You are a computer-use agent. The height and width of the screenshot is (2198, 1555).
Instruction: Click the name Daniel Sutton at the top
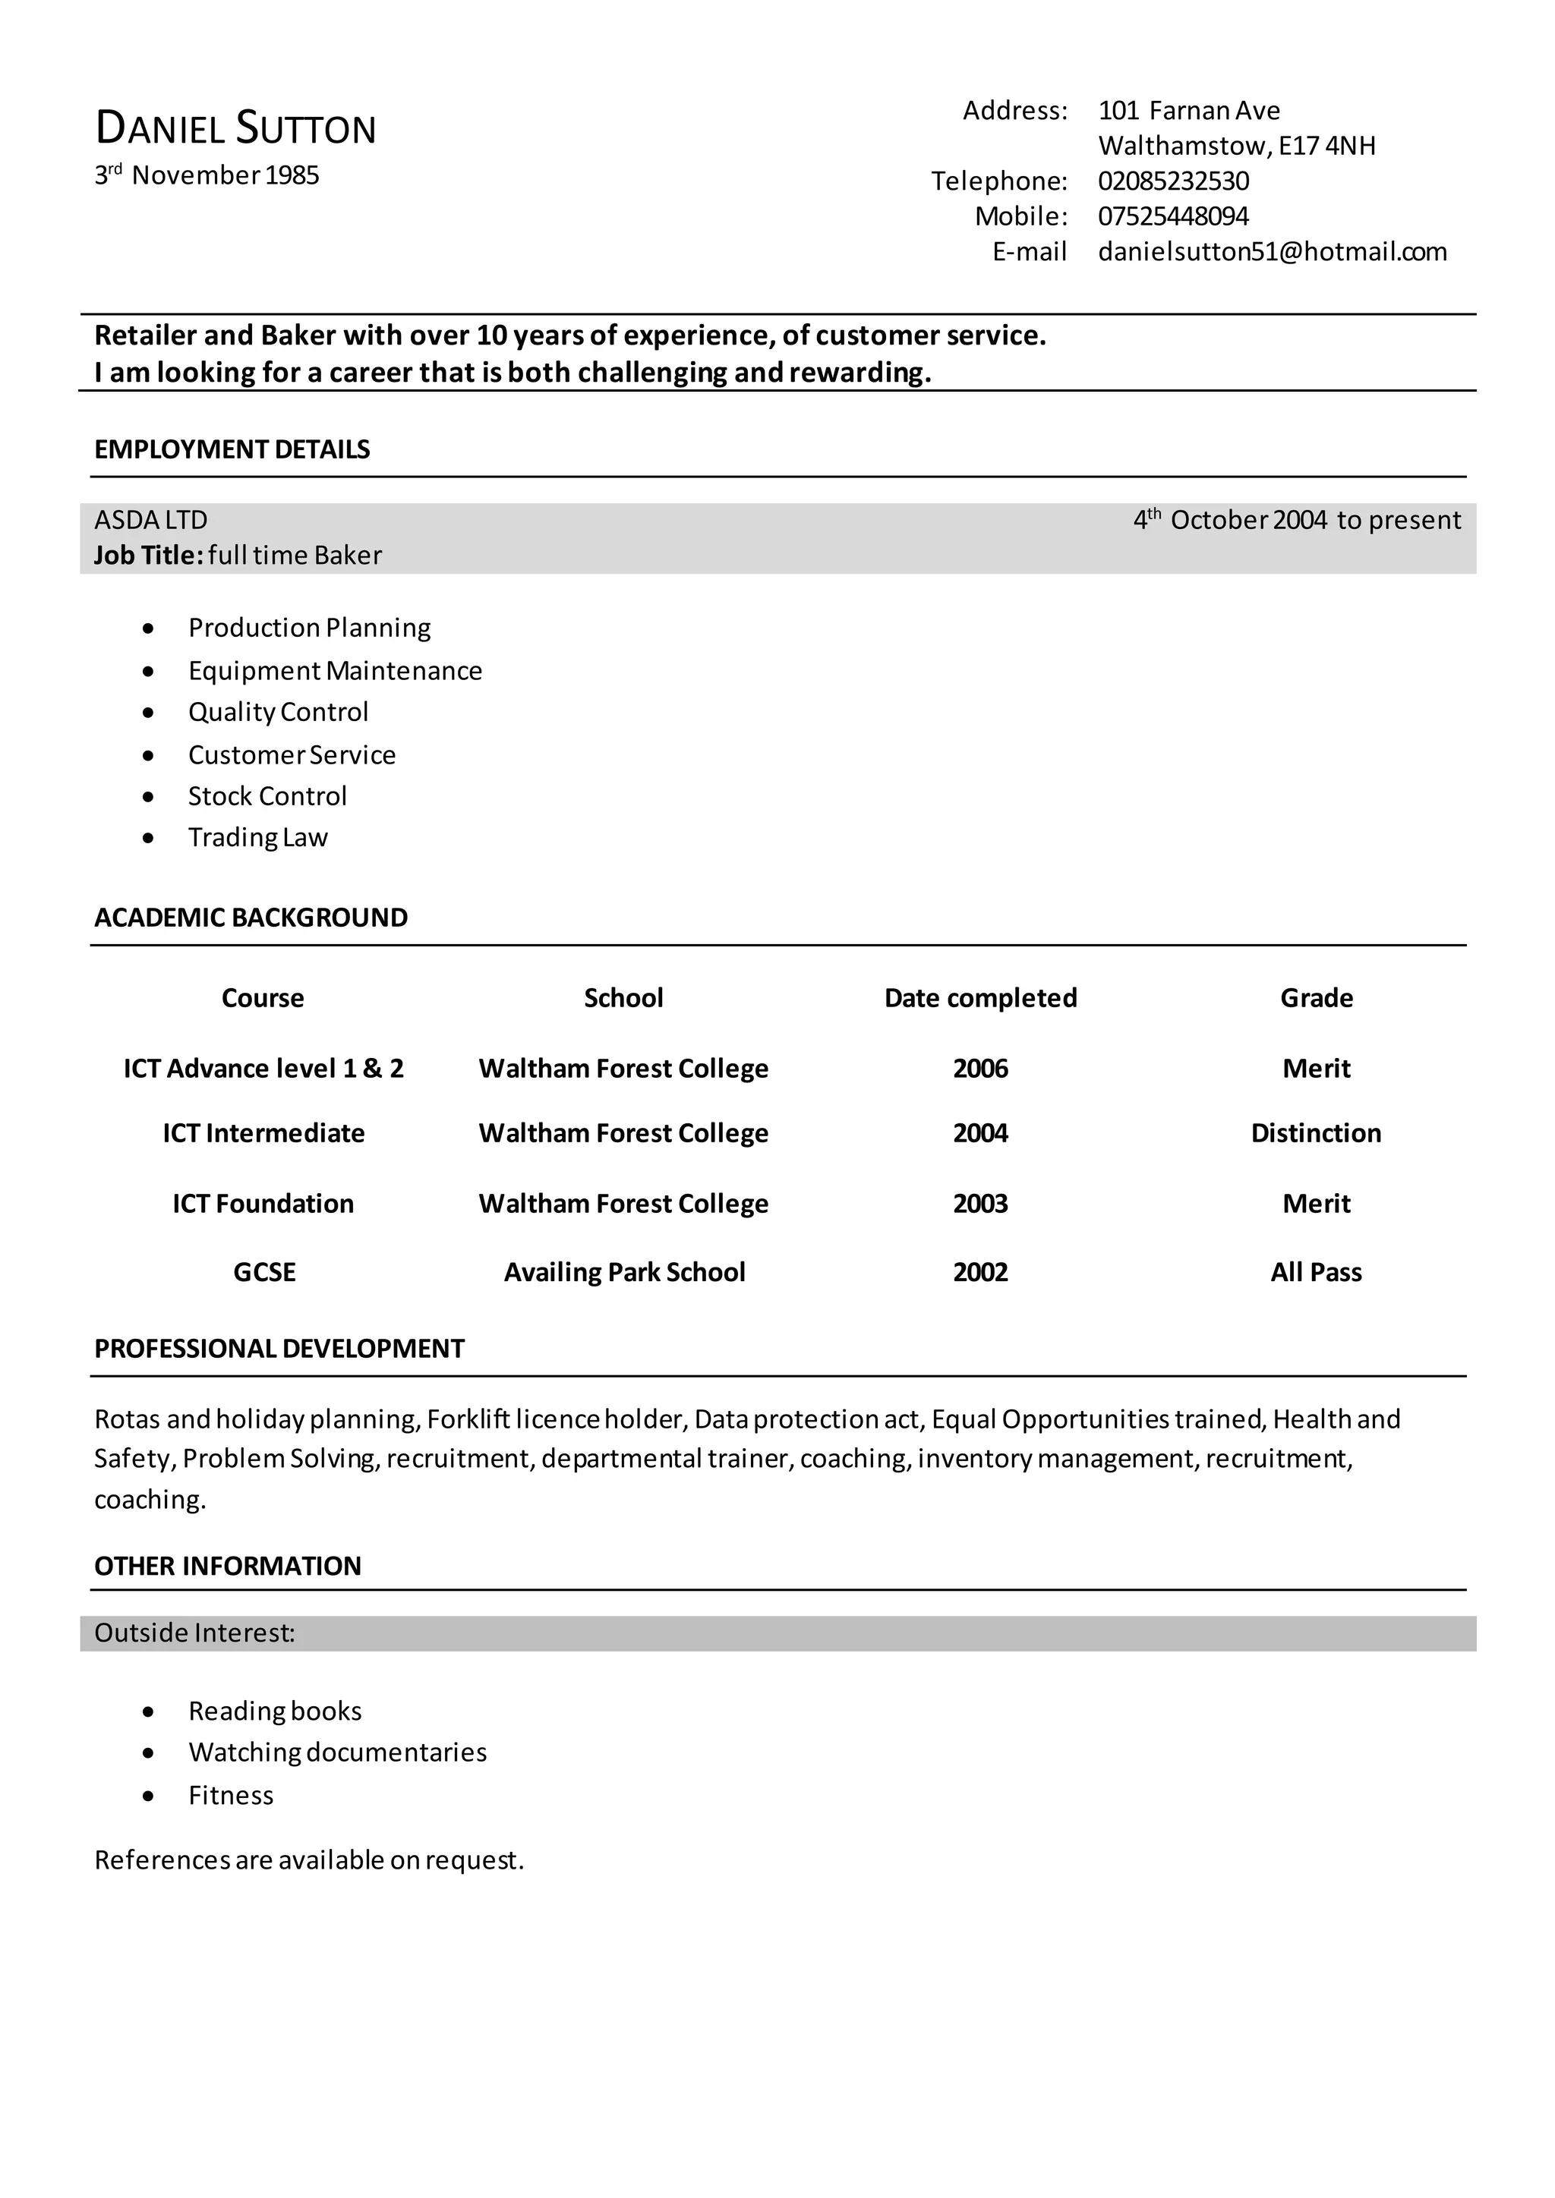pyautogui.click(x=235, y=129)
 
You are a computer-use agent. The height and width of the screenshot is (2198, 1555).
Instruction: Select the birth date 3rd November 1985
pyautogui.click(x=207, y=175)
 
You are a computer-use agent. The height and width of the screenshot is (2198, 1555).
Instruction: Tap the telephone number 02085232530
pyautogui.click(x=1173, y=181)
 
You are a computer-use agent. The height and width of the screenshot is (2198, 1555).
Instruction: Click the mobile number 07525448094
pyautogui.click(x=1173, y=216)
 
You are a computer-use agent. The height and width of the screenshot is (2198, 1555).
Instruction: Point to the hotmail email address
pyautogui.click(x=1272, y=252)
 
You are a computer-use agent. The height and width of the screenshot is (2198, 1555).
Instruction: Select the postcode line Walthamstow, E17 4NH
pyautogui.click(x=1236, y=146)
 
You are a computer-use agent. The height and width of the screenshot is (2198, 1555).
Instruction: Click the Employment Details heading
pyautogui.click(x=232, y=450)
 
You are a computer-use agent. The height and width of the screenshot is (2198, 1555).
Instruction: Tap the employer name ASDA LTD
pyautogui.click(x=150, y=520)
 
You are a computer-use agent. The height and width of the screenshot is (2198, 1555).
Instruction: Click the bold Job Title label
pyautogui.click(x=148, y=556)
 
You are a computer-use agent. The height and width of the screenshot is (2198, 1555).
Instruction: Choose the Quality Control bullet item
pyautogui.click(x=278, y=712)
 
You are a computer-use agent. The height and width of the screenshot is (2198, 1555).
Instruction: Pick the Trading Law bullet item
pyautogui.click(x=257, y=838)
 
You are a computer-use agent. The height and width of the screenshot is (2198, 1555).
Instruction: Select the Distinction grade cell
pyautogui.click(x=1316, y=1133)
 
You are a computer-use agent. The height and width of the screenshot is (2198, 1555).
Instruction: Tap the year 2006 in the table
pyautogui.click(x=980, y=1069)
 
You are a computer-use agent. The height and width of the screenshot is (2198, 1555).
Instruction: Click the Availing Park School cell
pyautogui.click(x=624, y=1272)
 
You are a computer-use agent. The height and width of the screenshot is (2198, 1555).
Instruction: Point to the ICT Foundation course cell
pyautogui.click(x=263, y=1203)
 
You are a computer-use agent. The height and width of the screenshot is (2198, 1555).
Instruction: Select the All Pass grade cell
pyautogui.click(x=1316, y=1272)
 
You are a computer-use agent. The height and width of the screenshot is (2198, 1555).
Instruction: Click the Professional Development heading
pyautogui.click(x=279, y=1349)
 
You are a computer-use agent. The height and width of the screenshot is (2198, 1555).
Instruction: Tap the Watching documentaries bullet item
pyautogui.click(x=337, y=1752)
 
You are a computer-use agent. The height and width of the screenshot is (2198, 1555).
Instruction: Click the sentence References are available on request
pyautogui.click(x=309, y=1860)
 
